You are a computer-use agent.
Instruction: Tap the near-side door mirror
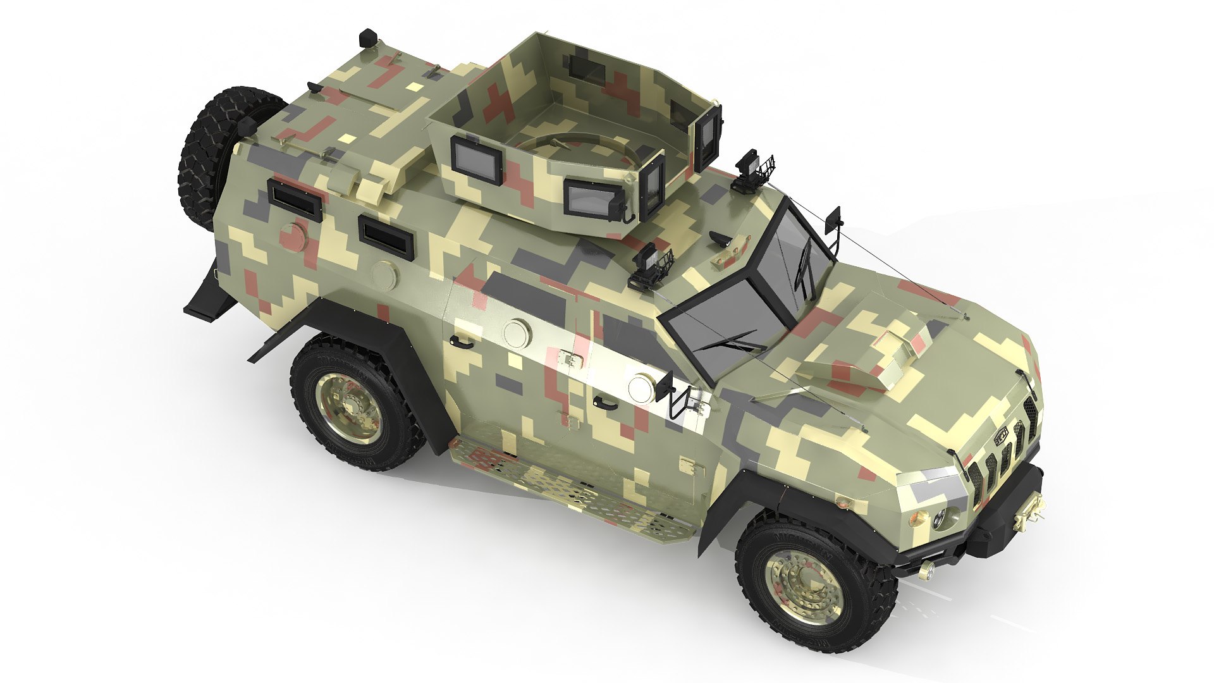click(x=665, y=385)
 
